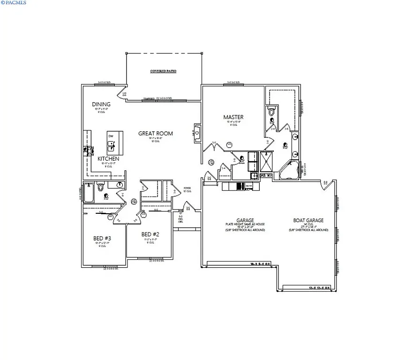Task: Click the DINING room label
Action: (x=101, y=104)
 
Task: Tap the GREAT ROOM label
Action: (x=155, y=134)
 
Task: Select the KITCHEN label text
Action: (x=108, y=159)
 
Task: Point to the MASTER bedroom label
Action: (x=233, y=117)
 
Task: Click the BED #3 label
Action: (x=102, y=239)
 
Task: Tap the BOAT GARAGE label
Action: (x=309, y=220)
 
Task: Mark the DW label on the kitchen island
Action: (x=111, y=136)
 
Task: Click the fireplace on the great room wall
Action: (x=197, y=133)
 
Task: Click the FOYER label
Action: (x=187, y=188)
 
